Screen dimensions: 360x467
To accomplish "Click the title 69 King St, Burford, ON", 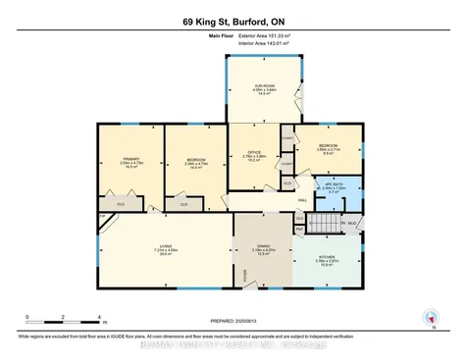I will [233, 22].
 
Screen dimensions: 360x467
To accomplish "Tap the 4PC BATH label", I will [335, 187].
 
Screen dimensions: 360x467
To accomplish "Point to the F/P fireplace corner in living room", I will [103, 214].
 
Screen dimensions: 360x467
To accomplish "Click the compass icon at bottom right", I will [428, 316].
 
